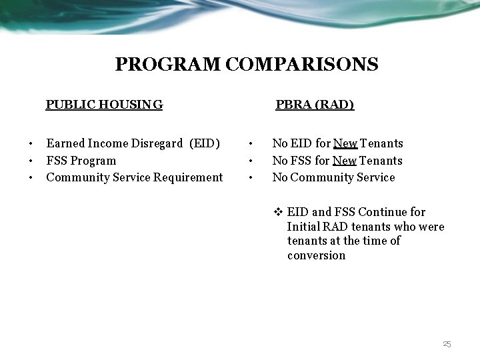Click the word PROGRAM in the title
[168, 65]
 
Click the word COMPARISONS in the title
[302, 65]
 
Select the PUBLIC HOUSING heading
[104, 105]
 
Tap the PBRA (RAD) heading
[315, 105]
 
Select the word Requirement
[188, 177]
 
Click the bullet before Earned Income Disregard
[31, 144]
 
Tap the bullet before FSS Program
[31, 161]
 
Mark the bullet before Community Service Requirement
[31, 178]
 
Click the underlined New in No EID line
[345, 143]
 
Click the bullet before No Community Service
[249, 178]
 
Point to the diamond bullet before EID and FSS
[279, 213]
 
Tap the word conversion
[317, 255]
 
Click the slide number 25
[447, 345]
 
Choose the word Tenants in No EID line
[382, 143]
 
